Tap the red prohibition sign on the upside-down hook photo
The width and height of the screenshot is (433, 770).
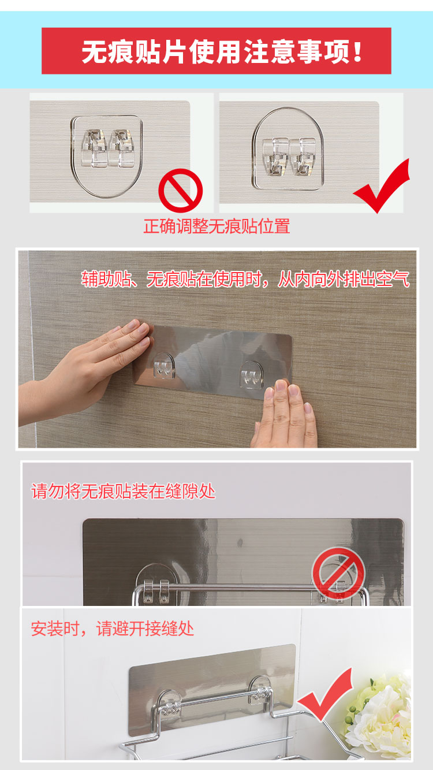click(x=180, y=190)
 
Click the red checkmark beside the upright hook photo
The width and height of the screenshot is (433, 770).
click(x=382, y=185)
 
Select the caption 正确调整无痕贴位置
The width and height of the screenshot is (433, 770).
click(x=216, y=226)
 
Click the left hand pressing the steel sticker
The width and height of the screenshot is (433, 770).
click(x=86, y=373)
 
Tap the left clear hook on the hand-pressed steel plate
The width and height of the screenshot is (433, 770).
click(x=163, y=366)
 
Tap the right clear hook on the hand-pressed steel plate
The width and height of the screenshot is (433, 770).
click(x=252, y=375)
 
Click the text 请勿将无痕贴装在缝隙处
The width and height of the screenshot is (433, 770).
click(x=124, y=491)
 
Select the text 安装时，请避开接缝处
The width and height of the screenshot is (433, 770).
click(x=113, y=629)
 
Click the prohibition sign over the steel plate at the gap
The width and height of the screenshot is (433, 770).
click(x=338, y=574)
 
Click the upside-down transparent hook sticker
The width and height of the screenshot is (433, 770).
click(x=107, y=157)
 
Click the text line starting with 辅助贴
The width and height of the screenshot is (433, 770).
click(x=245, y=279)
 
